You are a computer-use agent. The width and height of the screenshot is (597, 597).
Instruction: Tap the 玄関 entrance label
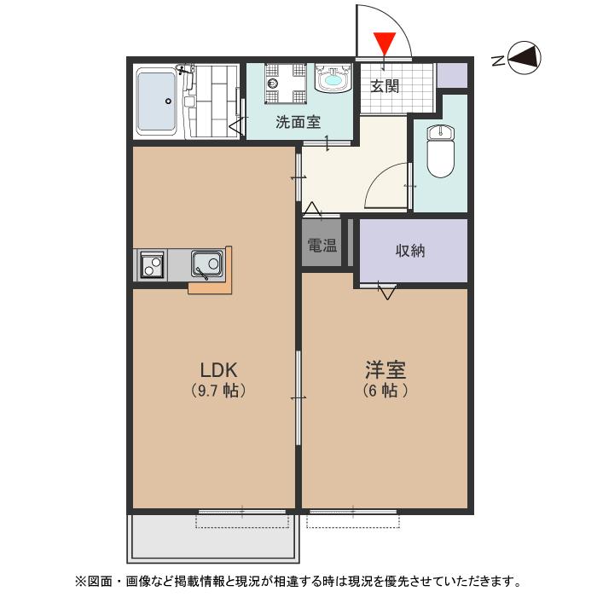pos(385,85)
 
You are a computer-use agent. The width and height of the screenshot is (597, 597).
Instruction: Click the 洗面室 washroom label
pos(298,122)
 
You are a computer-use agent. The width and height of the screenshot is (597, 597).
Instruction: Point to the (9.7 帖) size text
pos(217,391)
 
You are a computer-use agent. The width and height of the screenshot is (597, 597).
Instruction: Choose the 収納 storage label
pos(410,251)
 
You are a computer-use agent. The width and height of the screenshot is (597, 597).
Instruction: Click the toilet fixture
pos(440,150)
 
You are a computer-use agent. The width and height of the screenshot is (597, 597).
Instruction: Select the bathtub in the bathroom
pos(157,101)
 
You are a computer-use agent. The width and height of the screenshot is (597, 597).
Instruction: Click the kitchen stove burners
pos(152,264)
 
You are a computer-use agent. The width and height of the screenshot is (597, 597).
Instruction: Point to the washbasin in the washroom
pos(332,81)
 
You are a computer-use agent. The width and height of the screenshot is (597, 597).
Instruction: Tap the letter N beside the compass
pos(497,60)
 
